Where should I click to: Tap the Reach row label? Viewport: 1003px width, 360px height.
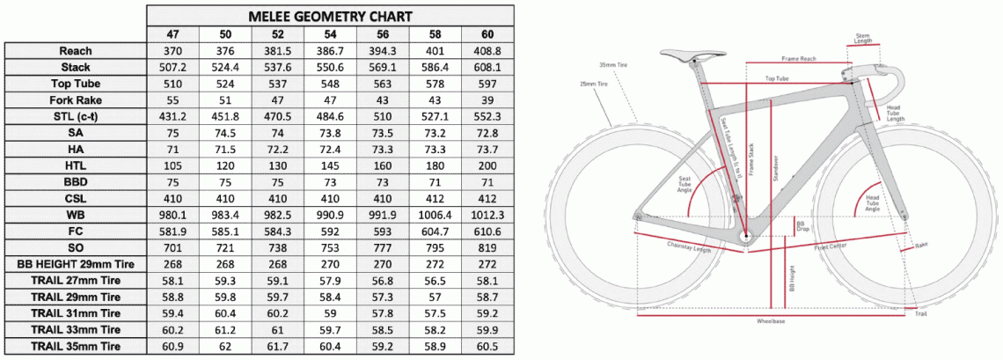click(x=76, y=51)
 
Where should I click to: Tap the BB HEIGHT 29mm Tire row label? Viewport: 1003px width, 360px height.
click(x=76, y=264)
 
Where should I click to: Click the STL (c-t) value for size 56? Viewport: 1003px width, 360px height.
click(x=382, y=116)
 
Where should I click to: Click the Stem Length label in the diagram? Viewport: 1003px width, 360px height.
click(x=864, y=38)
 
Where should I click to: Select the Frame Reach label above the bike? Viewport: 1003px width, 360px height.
click(x=796, y=58)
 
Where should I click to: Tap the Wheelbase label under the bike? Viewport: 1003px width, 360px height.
click(x=771, y=321)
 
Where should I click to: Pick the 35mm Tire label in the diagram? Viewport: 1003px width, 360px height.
click(x=610, y=65)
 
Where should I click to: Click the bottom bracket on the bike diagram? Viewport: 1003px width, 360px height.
click(x=746, y=236)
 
